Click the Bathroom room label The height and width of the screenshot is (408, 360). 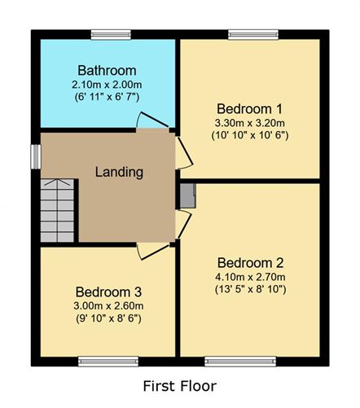coord(107,70)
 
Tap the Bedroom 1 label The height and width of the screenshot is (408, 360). coord(249,109)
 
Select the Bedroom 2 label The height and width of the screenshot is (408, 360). coord(250,263)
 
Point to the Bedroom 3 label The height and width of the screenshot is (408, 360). coord(108,292)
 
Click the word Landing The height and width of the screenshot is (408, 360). coord(119,172)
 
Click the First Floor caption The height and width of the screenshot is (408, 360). coord(180,386)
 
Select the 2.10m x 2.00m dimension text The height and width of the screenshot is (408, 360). coord(107,85)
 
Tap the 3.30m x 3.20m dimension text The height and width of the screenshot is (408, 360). coord(250,123)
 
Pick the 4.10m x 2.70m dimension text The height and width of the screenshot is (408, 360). coord(250,277)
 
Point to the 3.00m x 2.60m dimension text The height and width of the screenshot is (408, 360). coord(108,306)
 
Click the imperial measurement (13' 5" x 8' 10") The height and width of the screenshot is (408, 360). coord(251,289)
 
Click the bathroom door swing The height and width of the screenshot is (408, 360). coord(152,120)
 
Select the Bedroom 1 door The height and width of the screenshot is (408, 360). coord(184,153)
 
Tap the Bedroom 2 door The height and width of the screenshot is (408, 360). coord(184,225)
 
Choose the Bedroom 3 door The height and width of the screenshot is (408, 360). coord(152,252)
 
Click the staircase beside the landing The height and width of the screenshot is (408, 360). coord(57,210)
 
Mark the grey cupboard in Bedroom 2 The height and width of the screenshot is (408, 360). coord(188,195)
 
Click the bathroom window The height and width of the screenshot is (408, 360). coord(111,35)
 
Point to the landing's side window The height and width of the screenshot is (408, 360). coord(36,157)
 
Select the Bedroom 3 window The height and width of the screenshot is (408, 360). coord(108,362)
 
